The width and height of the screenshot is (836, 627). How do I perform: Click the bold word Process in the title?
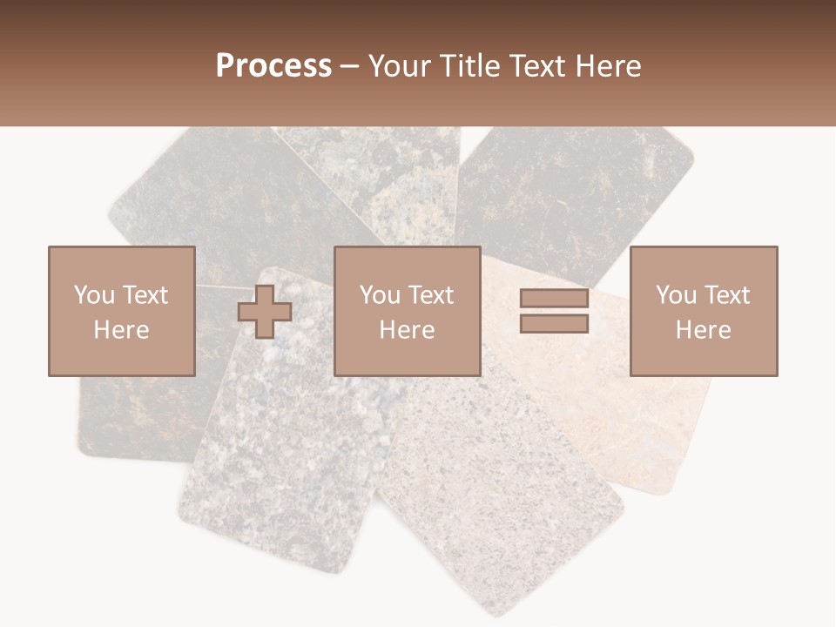273,66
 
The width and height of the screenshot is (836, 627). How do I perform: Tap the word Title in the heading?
470,66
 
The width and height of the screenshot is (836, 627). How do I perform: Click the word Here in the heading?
609,66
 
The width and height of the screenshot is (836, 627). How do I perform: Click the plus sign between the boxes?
265,311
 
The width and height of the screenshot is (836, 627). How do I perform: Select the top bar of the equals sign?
554,299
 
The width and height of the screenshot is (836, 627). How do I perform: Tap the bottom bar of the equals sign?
554,323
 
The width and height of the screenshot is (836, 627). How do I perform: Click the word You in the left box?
94,295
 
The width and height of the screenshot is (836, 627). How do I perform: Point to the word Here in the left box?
121,330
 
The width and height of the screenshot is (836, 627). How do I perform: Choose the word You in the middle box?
381,295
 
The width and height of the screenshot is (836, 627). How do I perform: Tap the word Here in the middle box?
408,330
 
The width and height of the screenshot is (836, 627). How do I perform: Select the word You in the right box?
677,295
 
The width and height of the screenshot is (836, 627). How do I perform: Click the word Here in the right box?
704,330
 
